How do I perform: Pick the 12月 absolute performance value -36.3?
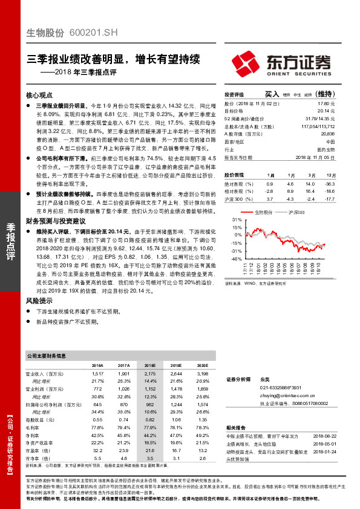329,183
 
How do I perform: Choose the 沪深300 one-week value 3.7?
270,198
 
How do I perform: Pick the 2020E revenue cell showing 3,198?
203,375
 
